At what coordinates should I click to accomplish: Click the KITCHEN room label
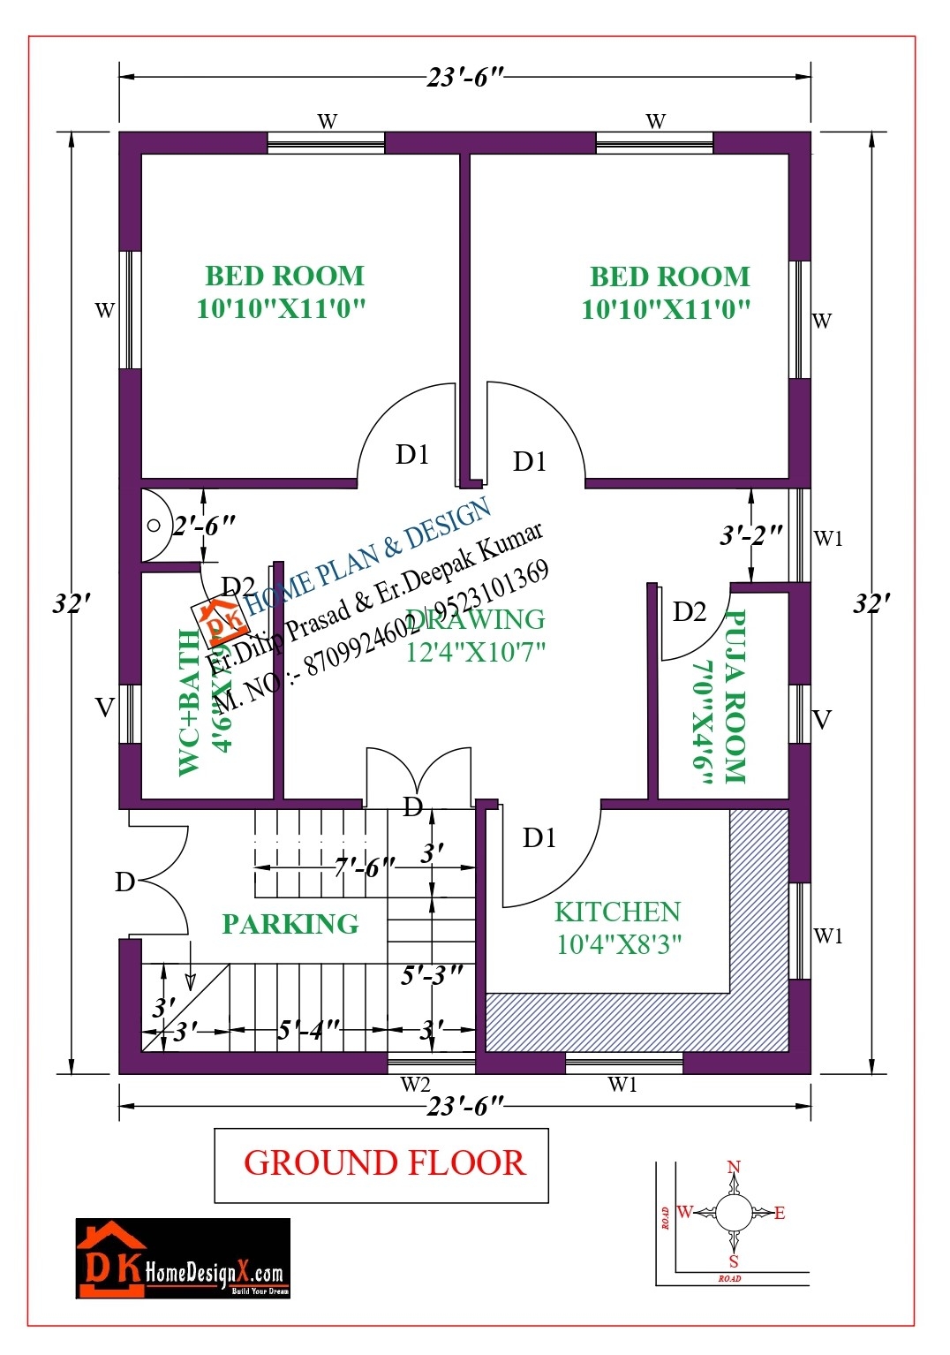[x=617, y=912]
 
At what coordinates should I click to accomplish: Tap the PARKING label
[x=290, y=924]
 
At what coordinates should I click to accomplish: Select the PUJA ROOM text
[x=735, y=697]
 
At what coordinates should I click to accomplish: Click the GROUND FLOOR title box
[x=381, y=1164]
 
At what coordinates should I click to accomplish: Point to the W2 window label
[x=415, y=1084]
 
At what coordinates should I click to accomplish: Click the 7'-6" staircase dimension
[x=364, y=868]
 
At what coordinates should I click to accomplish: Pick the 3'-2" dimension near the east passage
[x=751, y=535]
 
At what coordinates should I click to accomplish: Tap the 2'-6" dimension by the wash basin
[x=204, y=526]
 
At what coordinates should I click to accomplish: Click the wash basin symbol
[x=154, y=526]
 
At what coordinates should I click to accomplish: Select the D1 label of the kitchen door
[x=539, y=837]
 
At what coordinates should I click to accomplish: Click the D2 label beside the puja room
[x=689, y=611]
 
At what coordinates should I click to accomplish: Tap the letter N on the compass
[x=733, y=1168]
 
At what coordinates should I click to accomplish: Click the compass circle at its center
[x=733, y=1213]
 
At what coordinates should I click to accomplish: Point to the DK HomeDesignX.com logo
[x=183, y=1258]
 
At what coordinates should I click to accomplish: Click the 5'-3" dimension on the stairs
[x=432, y=975]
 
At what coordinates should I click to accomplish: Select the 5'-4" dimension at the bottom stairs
[x=308, y=1030]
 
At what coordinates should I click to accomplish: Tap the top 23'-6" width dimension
[x=464, y=78]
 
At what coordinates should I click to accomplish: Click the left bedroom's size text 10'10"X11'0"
[x=281, y=308]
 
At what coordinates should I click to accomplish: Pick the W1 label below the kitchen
[x=622, y=1084]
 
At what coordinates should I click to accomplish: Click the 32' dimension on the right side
[x=871, y=604]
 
